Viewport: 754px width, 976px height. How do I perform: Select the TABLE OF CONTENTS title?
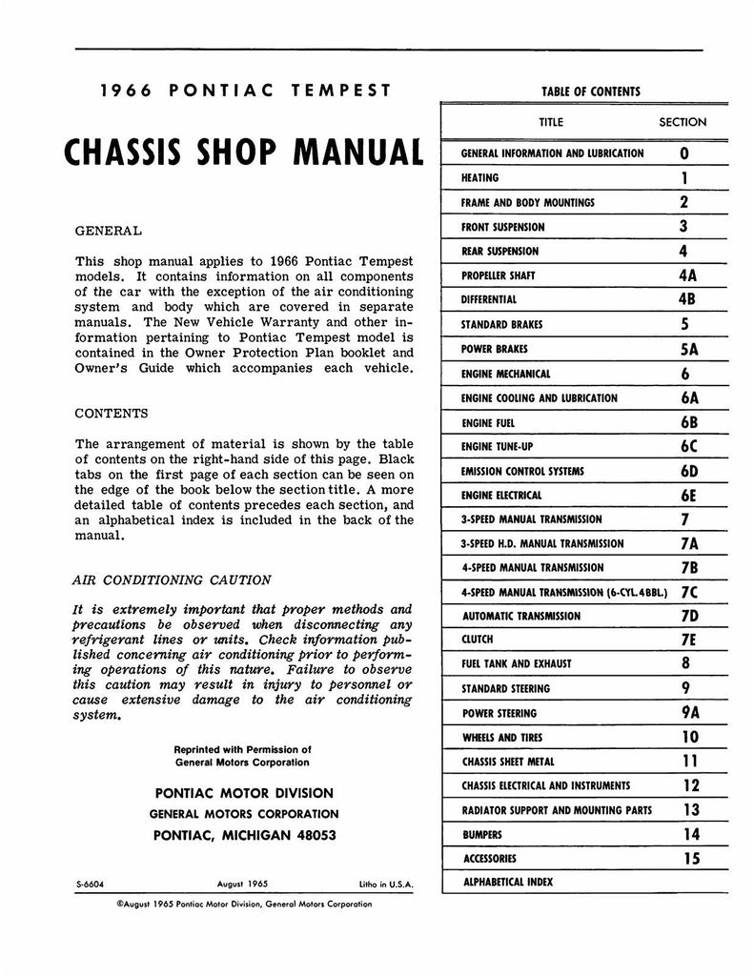point(591,92)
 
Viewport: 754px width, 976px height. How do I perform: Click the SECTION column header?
point(683,122)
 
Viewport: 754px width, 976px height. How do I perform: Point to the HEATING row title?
point(479,178)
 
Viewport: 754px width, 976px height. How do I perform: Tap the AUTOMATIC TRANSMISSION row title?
point(520,617)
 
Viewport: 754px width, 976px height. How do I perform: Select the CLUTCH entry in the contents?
point(478,640)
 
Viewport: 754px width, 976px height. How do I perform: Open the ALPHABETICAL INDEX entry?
point(507,883)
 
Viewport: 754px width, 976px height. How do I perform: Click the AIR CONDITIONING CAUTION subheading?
point(172,579)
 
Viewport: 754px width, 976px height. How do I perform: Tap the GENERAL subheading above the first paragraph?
point(108,231)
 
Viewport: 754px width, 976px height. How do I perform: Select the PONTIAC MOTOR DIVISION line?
point(243,793)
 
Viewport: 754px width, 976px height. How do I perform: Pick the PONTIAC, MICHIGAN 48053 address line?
point(245,835)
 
